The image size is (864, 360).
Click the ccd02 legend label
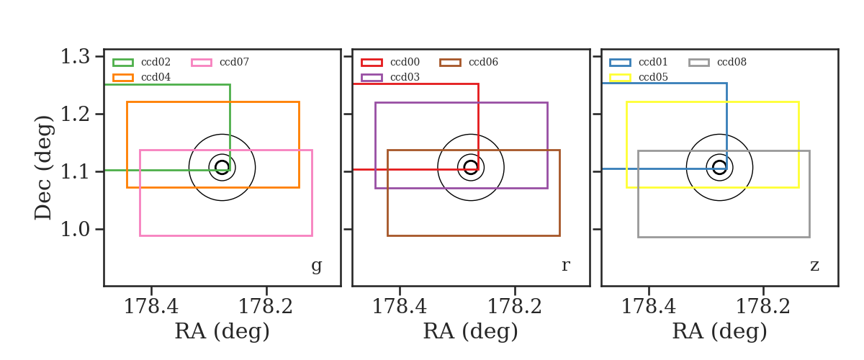(156, 62)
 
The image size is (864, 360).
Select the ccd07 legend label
(234, 62)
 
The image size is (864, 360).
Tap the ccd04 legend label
(156, 77)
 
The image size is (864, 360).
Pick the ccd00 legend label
(405, 62)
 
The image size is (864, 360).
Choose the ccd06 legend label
(483, 62)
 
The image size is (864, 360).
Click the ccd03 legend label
(405, 77)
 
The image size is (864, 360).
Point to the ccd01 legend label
(653, 62)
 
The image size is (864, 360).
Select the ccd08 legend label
(732, 62)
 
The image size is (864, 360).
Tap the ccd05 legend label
(653, 77)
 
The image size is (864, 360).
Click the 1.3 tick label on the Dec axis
(75, 57)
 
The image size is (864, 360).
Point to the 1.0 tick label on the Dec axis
(75, 229)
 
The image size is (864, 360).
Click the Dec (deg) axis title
(42, 168)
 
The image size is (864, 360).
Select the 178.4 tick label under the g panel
(151, 307)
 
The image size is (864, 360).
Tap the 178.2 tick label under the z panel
(763, 307)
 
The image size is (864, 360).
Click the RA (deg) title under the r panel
(471, 331)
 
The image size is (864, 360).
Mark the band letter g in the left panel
(317, 266)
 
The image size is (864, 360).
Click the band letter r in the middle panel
(565, 265)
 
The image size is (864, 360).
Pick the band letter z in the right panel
(814, 266)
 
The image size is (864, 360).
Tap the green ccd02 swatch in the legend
(123, 63)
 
